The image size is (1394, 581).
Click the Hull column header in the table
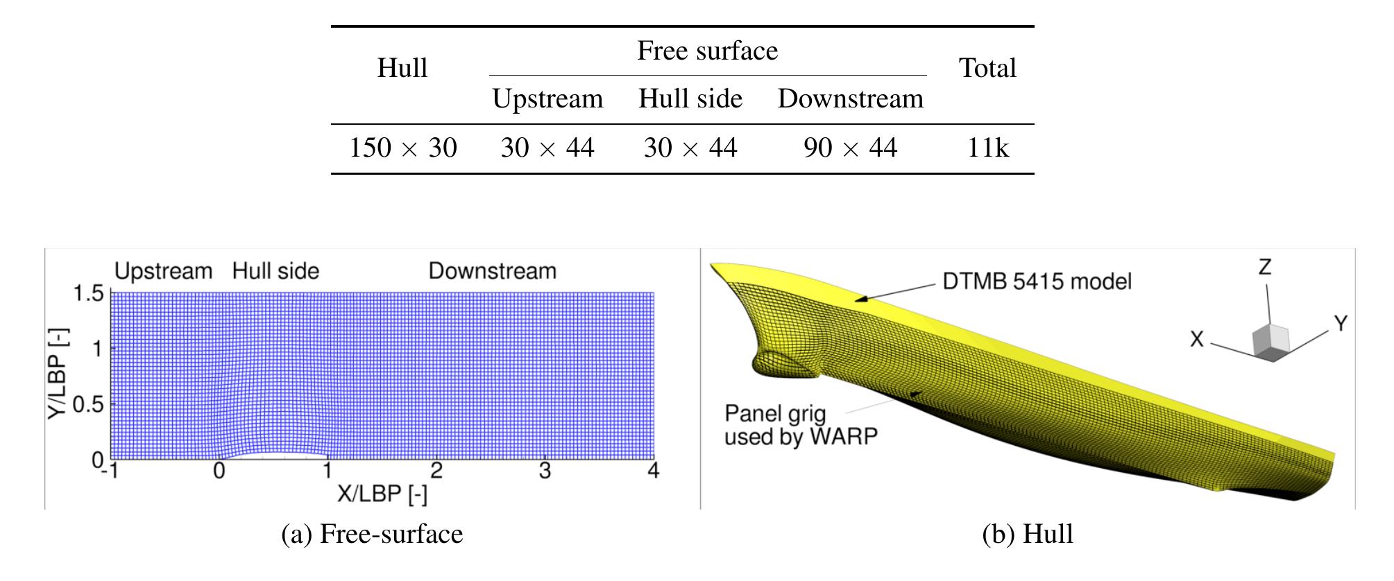[402, 68]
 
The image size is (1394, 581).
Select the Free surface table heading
[708, 51]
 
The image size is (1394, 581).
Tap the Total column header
[987, 68]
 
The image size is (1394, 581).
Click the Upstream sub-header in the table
[547, 99]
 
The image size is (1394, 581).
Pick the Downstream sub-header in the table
[851, 98]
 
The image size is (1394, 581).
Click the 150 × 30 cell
[402, 148]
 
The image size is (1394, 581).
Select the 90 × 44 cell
[851, 148]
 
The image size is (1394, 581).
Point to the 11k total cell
[988, 148]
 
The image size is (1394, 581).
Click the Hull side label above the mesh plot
[275, 270]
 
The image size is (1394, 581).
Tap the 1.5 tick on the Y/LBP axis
[88, 293]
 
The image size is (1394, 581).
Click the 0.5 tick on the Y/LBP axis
[88, 404]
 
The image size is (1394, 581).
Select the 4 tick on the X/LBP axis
[653, 471]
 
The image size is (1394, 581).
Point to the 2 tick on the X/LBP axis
[436, 471]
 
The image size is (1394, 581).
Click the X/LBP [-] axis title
[382, 494]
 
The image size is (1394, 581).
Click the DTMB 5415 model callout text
[1037, 281]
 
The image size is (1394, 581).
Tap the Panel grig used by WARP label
[801, 425]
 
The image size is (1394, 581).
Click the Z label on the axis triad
[1265, 267]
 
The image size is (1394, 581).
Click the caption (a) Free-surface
[372, 534]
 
